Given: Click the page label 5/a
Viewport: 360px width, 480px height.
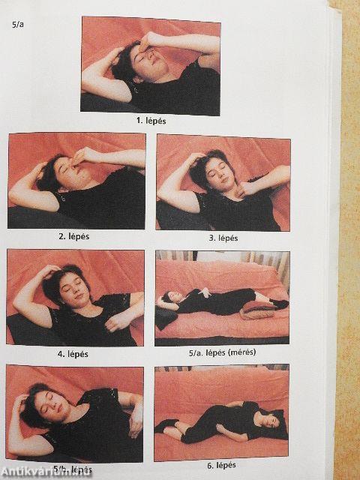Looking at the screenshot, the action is (x=18, y=25).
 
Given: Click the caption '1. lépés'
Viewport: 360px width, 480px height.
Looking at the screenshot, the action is (x=151, y=121).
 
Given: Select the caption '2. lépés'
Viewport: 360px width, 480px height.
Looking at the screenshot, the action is (x=73, y=237).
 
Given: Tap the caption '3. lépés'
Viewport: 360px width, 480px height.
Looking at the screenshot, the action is (x=223, y=238).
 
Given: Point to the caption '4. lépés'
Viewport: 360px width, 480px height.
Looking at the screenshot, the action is (x=73, y=354).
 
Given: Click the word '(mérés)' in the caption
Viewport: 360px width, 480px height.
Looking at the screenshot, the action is (x=241, y=352).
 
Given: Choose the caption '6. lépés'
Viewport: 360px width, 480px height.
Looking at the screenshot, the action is (x=221, y=466).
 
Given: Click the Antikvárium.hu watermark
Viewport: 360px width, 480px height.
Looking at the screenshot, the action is (x=46, y=472).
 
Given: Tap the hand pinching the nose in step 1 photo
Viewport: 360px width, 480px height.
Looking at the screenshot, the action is (x=146, y=43).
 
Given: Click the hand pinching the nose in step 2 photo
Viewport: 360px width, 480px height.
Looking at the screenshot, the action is (x=79, y=157).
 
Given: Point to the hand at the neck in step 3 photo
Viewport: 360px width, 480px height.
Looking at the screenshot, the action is (x=245, y=190).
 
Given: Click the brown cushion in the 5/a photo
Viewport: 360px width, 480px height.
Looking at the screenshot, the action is (x=256, y=310).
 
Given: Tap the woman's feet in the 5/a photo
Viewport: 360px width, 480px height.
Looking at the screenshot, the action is (x=279, y=304).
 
